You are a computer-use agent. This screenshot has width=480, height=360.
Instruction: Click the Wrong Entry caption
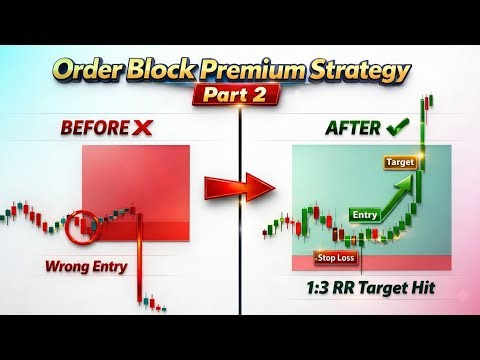pyautogui.click(x=85, y=266)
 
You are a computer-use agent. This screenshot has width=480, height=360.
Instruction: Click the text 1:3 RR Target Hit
pyautogui.click(x=372, y=291)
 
